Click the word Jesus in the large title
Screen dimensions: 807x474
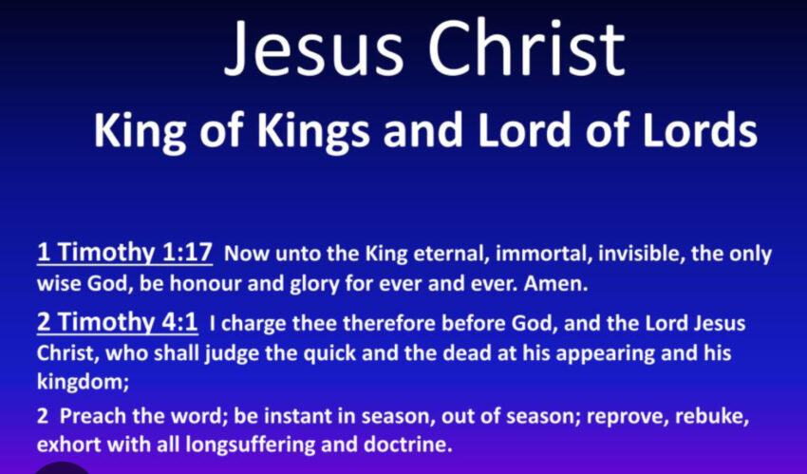point(313,47)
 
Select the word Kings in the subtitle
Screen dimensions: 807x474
point(313,131)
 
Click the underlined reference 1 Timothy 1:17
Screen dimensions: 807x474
point(124,253)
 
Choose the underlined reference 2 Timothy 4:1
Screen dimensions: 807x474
point(118,323)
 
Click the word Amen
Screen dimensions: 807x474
point(555,284)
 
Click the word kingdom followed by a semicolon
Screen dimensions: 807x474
point(83,383)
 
